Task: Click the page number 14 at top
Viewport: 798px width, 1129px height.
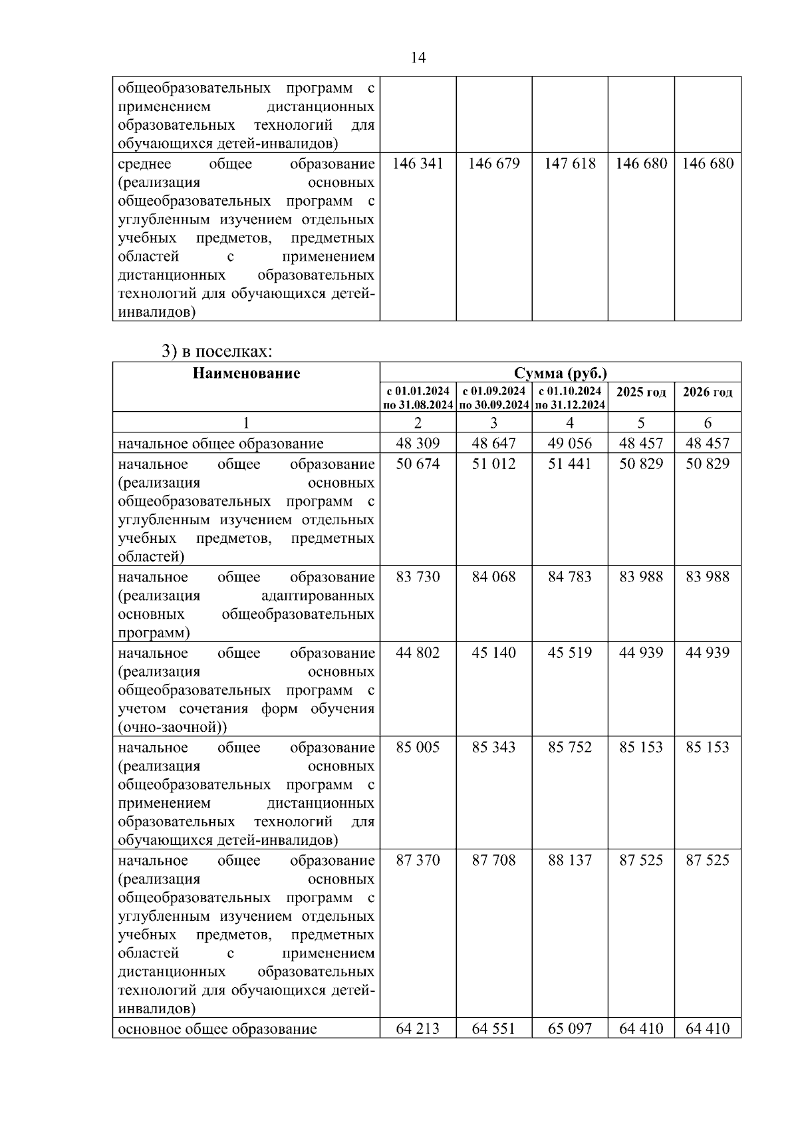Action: (418, 58)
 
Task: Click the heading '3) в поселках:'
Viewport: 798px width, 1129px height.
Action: (217, 351)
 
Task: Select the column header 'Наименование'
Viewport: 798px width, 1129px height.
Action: (246, 373)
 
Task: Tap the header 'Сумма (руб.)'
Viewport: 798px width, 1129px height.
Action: (560, 373)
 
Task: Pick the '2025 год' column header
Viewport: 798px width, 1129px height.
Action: (640, 392)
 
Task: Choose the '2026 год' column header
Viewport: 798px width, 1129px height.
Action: (708, 392)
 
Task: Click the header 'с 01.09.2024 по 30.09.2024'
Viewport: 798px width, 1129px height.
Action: (493, 397)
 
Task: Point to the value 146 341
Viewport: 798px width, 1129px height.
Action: (418, 164)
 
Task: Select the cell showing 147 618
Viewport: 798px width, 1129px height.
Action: (569, 164)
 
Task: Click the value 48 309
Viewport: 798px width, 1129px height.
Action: (418, 443)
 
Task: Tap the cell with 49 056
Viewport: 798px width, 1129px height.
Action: (569, 443)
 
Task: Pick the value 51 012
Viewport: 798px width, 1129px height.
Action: (493, 464)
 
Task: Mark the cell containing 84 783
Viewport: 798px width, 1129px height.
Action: (569, 577)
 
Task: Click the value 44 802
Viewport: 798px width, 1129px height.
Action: (418, 653)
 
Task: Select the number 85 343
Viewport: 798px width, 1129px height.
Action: (493, 747)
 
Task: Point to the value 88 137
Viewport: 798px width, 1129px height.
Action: (569, 860)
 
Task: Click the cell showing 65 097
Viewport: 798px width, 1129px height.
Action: (569, 1029)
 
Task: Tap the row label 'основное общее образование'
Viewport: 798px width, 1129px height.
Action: (217, 1029)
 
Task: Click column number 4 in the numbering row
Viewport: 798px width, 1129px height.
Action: (569, 422)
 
